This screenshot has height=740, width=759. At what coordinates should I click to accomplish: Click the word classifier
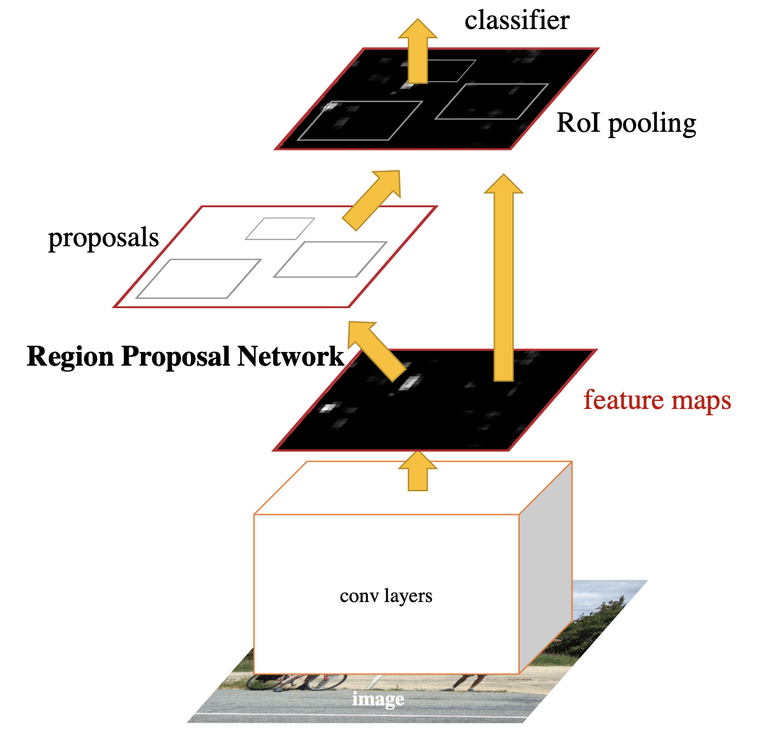[x=517, y=21]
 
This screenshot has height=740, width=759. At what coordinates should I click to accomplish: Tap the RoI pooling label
[x=626, y=123]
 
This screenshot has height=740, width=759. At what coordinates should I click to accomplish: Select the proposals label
[x=104, y=238]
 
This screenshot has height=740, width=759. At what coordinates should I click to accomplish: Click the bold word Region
[x=70, y=357]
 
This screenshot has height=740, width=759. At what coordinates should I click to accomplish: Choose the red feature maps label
[x=657, y=400]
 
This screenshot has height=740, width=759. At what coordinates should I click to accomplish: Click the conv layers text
[x=386, y=596]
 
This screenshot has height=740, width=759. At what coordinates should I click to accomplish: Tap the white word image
[x=378, y=699]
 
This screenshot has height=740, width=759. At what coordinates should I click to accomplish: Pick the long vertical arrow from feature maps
[x=504, y=278]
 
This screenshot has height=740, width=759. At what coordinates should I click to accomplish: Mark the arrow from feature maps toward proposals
[x=377, y=350]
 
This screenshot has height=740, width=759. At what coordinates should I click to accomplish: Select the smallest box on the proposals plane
[x=280, y=228]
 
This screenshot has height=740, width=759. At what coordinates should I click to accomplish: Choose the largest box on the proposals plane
[x=198, y=278]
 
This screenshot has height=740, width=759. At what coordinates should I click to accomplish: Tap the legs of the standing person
[x=468, y=682]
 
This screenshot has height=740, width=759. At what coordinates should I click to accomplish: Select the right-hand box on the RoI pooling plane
[x=492, y=101]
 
